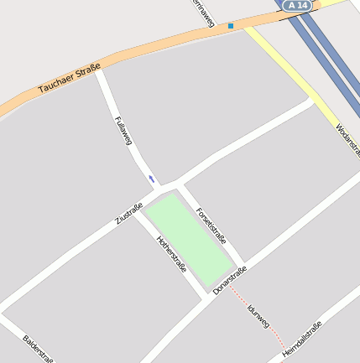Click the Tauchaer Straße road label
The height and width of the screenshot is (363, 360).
tap(70, 77)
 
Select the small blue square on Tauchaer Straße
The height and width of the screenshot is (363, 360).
tap(231, 26)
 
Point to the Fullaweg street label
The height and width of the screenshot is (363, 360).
tap(123, 130)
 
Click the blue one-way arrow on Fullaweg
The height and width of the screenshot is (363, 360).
tap(151, 179)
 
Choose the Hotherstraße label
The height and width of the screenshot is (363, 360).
tap(171, 253)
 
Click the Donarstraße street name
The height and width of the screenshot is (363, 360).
tap(229, 280)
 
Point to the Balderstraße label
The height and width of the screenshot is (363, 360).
tap(38, 349)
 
